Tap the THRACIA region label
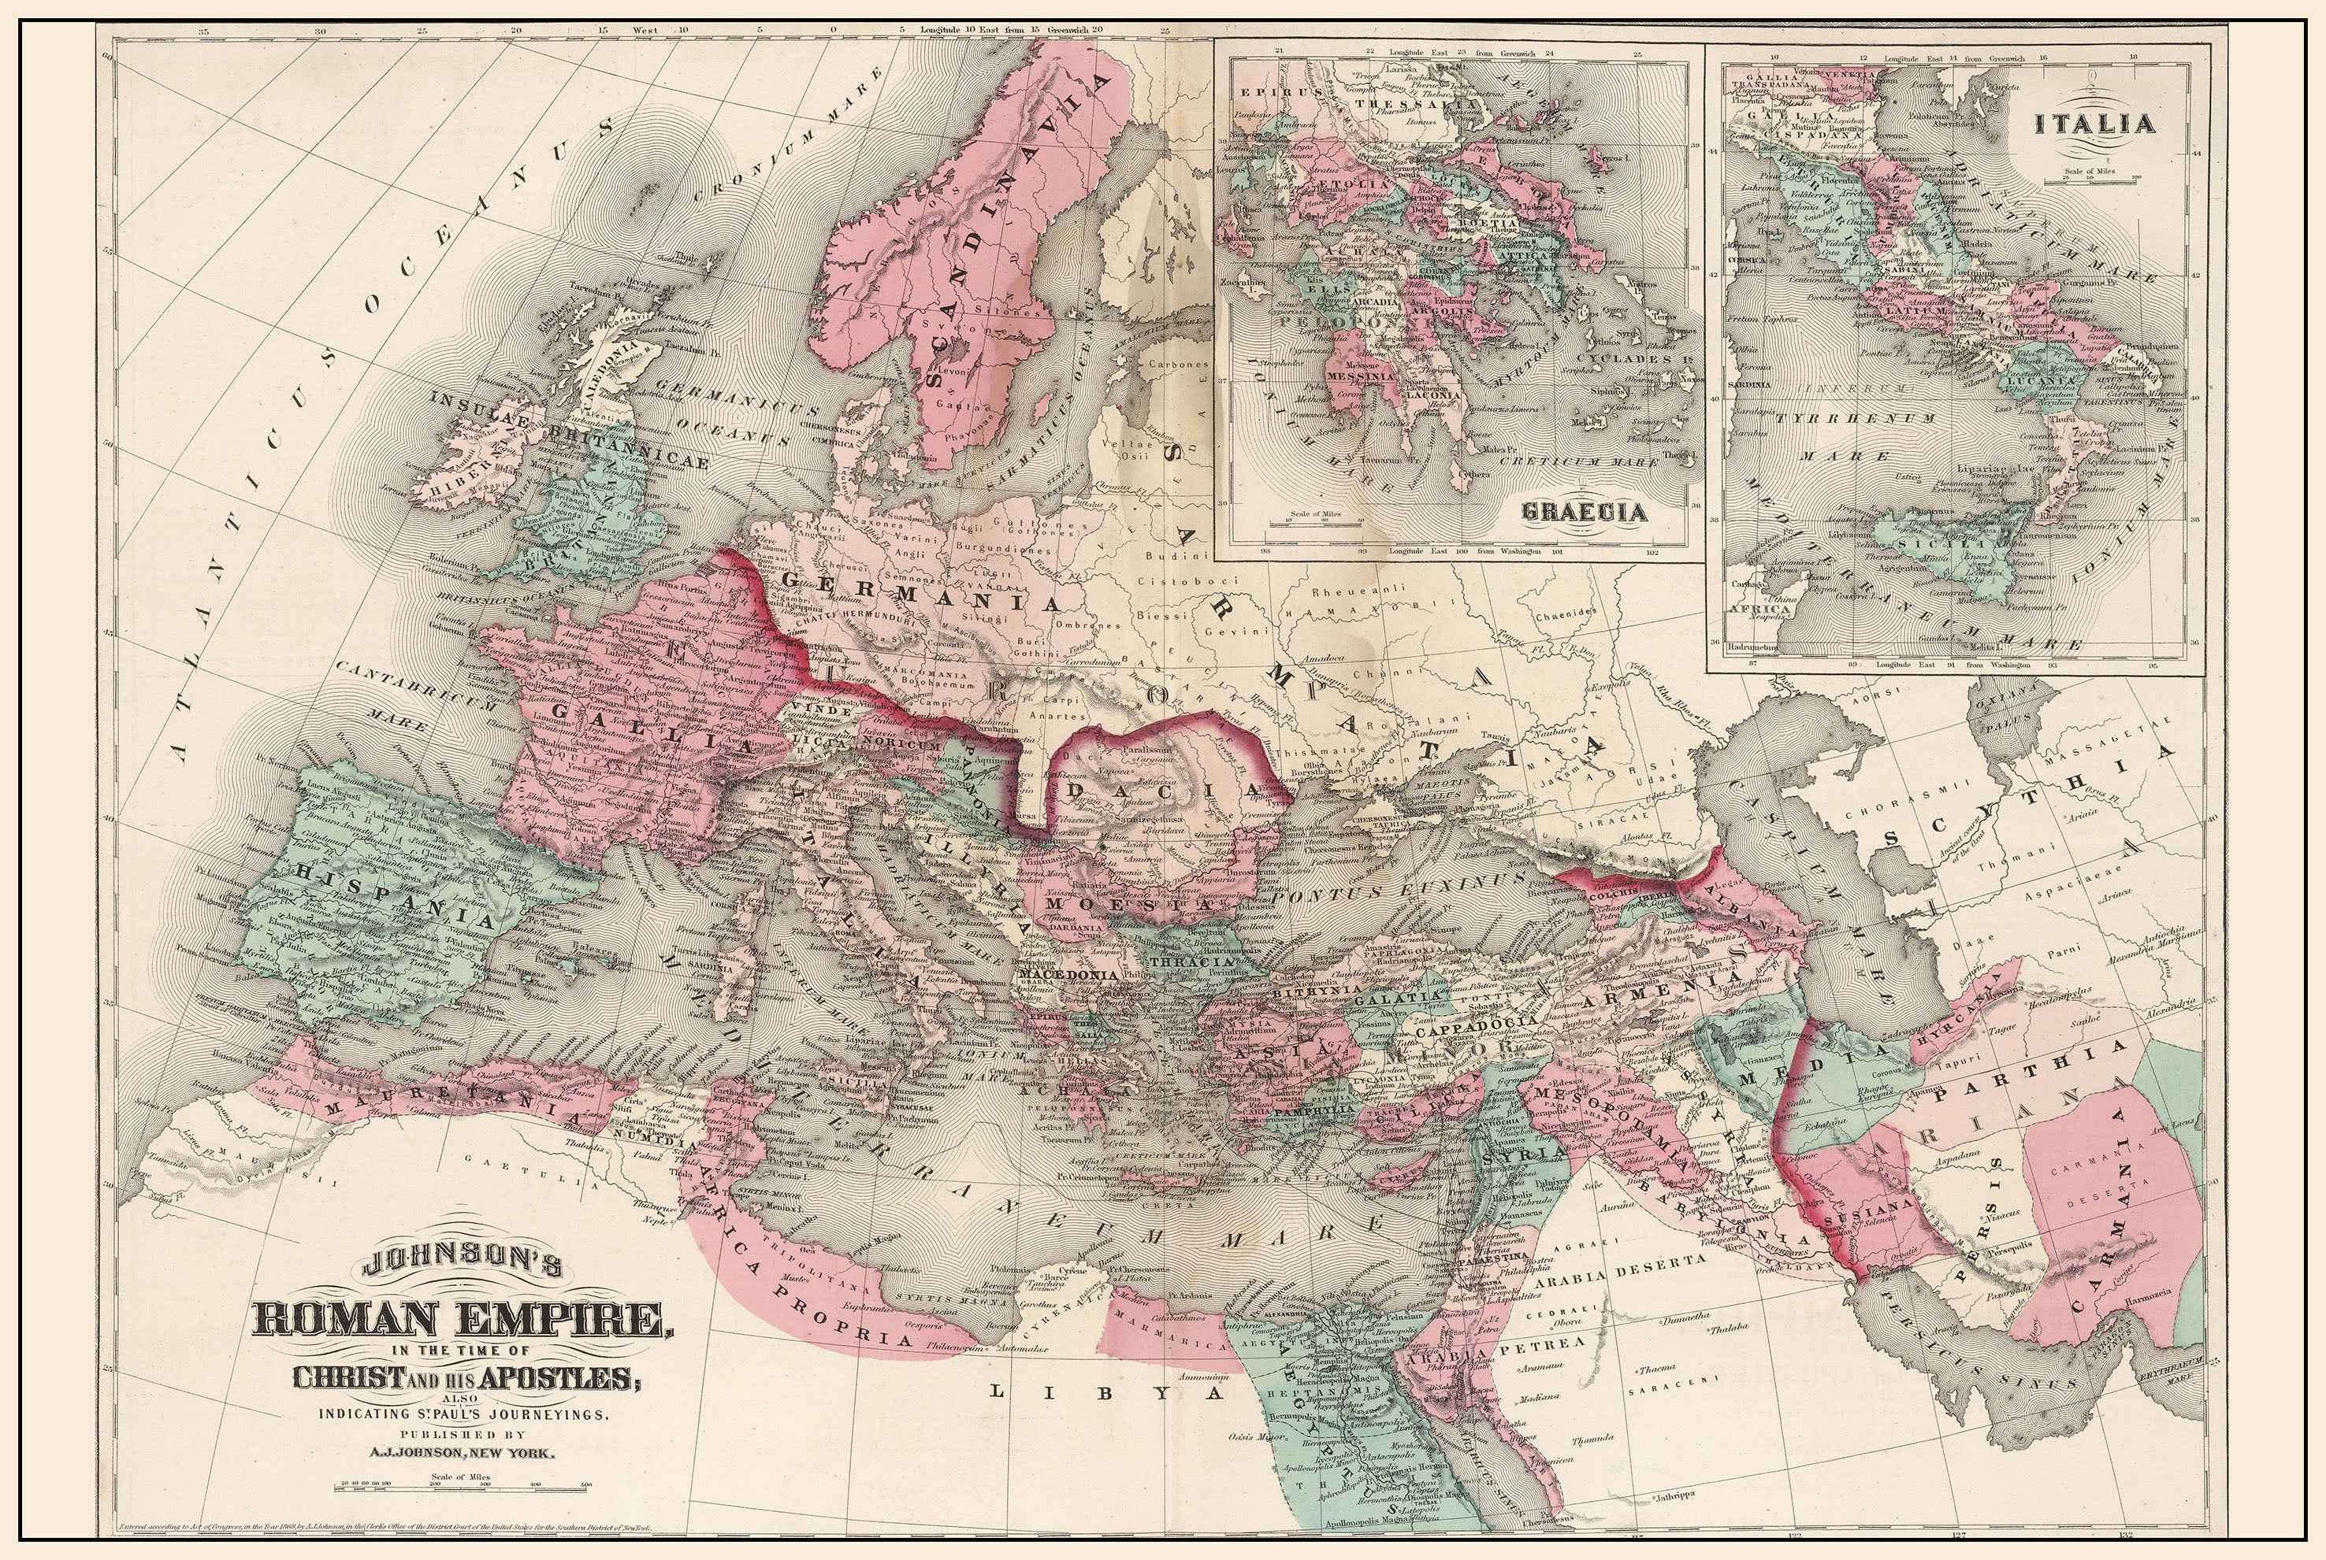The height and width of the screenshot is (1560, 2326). (1189, 963)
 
